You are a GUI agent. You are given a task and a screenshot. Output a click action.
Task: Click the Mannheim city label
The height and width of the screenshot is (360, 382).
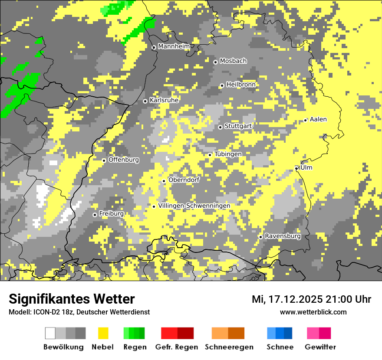point(174,46)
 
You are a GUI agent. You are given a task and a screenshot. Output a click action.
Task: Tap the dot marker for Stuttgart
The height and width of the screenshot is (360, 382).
point(220,127)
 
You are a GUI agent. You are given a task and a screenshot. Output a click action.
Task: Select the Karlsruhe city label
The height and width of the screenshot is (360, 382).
point(164,100)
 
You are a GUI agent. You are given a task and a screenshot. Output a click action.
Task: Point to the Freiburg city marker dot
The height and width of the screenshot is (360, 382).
point(95,215)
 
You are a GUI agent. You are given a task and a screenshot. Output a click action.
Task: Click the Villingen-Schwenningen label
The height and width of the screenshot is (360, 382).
point(194,206)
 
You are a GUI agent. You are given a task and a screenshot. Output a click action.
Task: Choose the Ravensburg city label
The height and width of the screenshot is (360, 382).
point(283,236)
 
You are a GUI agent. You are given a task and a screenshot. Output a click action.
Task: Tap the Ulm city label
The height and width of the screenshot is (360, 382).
point(306,167)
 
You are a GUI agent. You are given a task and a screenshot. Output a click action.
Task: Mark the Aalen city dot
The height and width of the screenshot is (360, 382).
point(306,120)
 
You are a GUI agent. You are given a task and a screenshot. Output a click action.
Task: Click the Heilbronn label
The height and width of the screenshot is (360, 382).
point(241,85)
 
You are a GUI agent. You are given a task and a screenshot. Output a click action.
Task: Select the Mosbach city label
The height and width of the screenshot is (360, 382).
point(233,61)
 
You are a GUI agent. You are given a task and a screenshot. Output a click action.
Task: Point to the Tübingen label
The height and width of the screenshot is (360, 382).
point(228,154)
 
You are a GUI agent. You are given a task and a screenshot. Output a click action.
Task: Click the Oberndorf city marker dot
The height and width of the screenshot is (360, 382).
point(164,181)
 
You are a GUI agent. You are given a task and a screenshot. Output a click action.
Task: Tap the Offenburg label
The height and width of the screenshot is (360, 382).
point(124,160)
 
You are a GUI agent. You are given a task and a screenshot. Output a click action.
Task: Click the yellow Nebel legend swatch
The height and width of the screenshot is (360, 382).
point(103,333)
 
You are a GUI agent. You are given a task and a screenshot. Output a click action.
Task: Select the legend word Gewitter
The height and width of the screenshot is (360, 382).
point(320,347)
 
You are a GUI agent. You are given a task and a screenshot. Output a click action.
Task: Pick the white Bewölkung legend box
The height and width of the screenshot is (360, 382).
point(50,333)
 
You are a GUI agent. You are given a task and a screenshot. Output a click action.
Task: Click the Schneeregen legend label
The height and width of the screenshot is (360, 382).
point(229,347)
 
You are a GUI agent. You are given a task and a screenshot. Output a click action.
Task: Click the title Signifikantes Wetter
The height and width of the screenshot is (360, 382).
point(72,299)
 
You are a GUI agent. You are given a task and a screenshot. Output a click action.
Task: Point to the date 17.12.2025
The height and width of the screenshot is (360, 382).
point(294,299)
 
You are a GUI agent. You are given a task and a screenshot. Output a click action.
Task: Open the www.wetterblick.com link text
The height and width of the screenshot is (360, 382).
point(313,312)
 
